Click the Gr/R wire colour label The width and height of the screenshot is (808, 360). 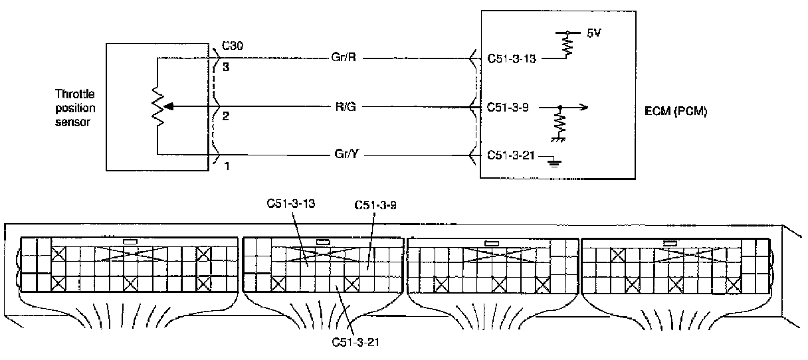[x=344, y=57]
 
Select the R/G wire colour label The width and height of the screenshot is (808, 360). [x=346, y=107]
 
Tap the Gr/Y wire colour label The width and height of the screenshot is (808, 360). [x=347, y=154]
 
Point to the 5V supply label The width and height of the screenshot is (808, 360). [x=594, y=33]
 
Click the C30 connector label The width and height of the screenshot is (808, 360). [x=233, y=46]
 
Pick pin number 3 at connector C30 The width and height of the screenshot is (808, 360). [x=226, y=67]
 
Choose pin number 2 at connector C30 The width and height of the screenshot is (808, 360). [x=225, y=116]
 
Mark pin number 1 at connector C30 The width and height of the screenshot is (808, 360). [x=227, y=166]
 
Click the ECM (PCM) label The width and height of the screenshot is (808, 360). [x=676, y=111]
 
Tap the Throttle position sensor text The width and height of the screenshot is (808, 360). [x=75, y=108]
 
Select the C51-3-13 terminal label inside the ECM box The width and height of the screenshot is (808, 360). [x=512, y=58]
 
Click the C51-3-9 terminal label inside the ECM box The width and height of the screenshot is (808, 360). [x=508, y=108]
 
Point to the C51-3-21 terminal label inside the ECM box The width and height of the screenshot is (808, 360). [x=510, y=155]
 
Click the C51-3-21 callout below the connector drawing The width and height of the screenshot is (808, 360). [x=355, y=342]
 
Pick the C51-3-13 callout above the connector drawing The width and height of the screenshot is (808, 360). [x=291, y=204]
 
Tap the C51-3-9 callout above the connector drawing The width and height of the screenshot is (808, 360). [x=375, y=205]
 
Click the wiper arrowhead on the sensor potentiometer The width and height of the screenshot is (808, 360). [x=169, y=107]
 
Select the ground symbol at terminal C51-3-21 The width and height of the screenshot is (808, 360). [x=554, y=163]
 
